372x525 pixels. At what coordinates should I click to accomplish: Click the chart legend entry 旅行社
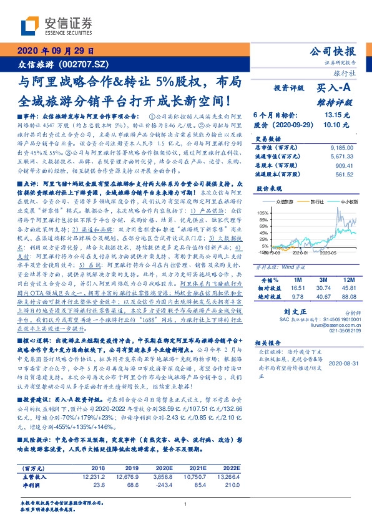click(314, 201)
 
